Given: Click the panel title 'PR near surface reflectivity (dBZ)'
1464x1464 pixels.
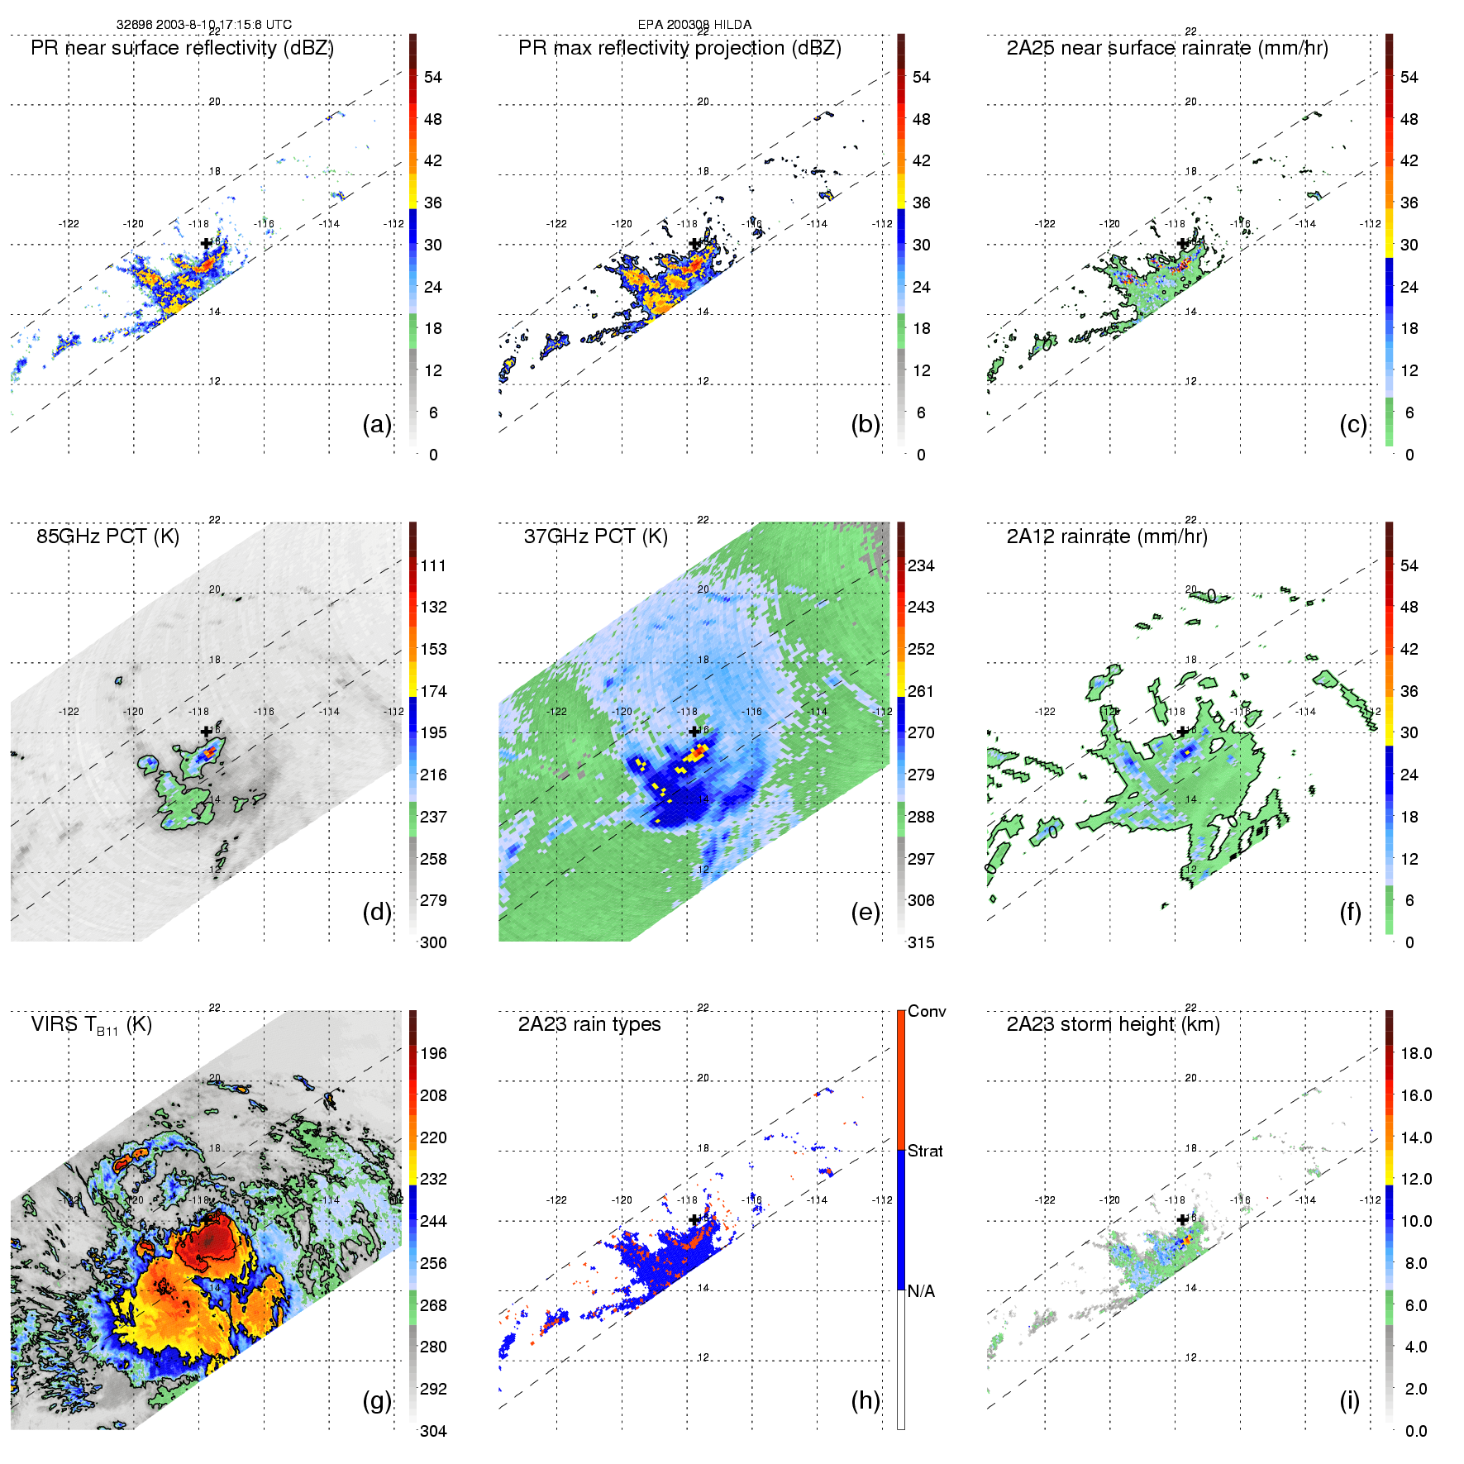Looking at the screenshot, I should pyautogui.click(x=182, y=48).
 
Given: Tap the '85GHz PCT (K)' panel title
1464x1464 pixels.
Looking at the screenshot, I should pyautogui.click(x=107, y=536).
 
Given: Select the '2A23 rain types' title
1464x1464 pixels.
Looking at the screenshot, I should pyautogui.click(x=589, y=1024).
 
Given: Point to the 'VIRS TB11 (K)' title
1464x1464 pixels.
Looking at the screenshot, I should pyautogui.click(x=91, y=1025).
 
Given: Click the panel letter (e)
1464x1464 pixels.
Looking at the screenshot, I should pyautogui.click(x=866, y=912).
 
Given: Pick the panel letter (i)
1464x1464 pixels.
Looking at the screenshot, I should pyautogui.click(x=1349, y=1400).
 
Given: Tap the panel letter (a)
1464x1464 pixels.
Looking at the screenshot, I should pyautogui.click(x=377, y=424).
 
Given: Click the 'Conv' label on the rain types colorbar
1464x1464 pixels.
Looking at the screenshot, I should pyautogui.click(x=927, y=1011).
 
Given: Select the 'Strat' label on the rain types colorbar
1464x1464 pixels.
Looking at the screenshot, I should pyautogui.click(x=925, y=1151).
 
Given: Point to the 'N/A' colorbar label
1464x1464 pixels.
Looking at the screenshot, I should pyautogui.click(x=921, y=1291).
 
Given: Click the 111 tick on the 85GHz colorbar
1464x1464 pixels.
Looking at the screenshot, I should pyautogui.click(x=433, y=565).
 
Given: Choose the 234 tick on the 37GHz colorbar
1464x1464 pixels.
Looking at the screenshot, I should pyautogui.click(x=921, y=565).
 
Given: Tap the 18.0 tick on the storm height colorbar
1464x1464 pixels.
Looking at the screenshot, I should pyautogui.click(x=1416, y=1053).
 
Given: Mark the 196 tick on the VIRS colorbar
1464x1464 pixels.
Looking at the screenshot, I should pyautogui.click(x=433, y=1053).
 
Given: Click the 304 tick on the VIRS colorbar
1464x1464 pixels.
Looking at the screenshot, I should pyautogui.click(x=433, y=1431).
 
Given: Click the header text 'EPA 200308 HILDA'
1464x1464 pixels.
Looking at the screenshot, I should pyautogui.click(x=694, y=25).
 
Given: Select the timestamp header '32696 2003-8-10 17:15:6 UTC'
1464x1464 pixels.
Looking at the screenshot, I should pyautogui.click(x=203, y=25).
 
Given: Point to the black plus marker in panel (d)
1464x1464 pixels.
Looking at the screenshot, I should pyautogui.click(x=207, y=732).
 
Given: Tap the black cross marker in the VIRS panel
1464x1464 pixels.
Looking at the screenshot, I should pyautogui.click(x=207, y=1219).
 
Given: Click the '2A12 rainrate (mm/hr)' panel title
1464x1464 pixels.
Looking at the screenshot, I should pyautogui.click(x=1107, y=536).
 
